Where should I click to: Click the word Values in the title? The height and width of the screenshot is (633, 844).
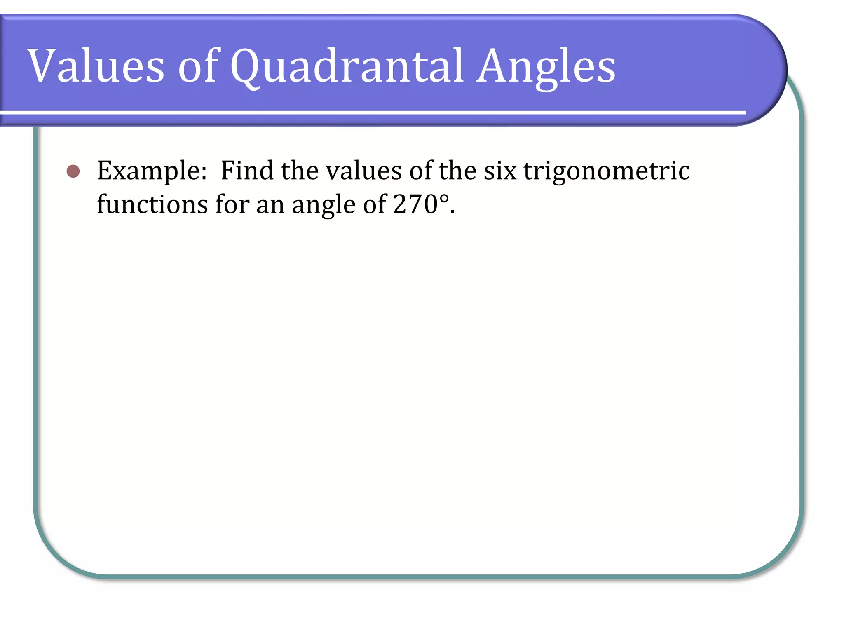[96, 66]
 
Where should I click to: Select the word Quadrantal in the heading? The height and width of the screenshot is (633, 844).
[347, 66]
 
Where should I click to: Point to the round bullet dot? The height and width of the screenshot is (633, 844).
[73, 171]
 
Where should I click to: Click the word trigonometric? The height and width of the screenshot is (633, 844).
[607, 171]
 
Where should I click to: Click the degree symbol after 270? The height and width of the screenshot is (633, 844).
[444, 198]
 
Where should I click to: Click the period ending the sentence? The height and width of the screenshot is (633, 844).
[452, 213]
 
